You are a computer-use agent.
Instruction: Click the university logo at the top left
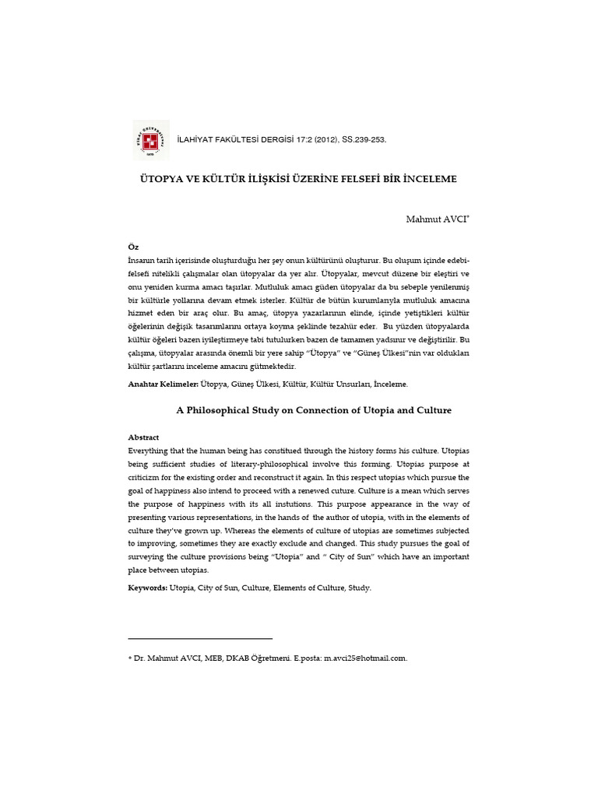pyautogui.click(x=151, y=139)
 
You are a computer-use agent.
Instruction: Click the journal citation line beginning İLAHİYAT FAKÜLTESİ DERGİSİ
pyautogui.click(x=282, y=139)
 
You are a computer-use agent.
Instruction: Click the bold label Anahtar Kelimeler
pyautogui.click(x=162, y=384)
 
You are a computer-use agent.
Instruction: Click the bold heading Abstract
pyautogui.click(x=143, y=437)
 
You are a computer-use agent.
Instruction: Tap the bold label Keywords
pyautogui.click(x=147, y=588)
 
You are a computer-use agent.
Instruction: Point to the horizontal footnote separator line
pyautogui.click(x=200, y=638)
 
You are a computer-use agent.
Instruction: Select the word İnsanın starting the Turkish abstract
pyautogui.click(x=141, y=259)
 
